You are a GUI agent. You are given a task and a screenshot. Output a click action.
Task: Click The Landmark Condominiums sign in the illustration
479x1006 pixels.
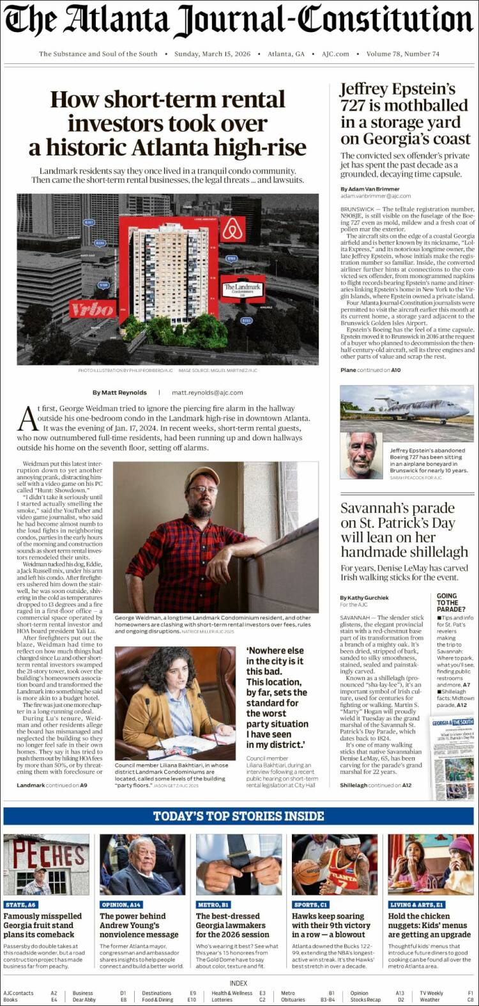[x=242, y=289]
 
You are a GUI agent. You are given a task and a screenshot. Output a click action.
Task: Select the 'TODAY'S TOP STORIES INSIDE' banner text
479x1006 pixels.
[x=238, y=816]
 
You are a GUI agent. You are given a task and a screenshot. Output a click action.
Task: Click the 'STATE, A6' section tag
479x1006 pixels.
[x=21, y=904]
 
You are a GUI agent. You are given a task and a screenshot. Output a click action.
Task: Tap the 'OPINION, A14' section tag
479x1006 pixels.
[x=121, y=904]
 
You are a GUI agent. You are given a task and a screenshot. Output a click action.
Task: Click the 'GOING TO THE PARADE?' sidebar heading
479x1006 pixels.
[x=450, y=603]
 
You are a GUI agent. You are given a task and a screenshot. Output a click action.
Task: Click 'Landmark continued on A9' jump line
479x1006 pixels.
[x=52, y=785]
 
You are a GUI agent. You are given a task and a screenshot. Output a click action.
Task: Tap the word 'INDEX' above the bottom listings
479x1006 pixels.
[x=239, y=983]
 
